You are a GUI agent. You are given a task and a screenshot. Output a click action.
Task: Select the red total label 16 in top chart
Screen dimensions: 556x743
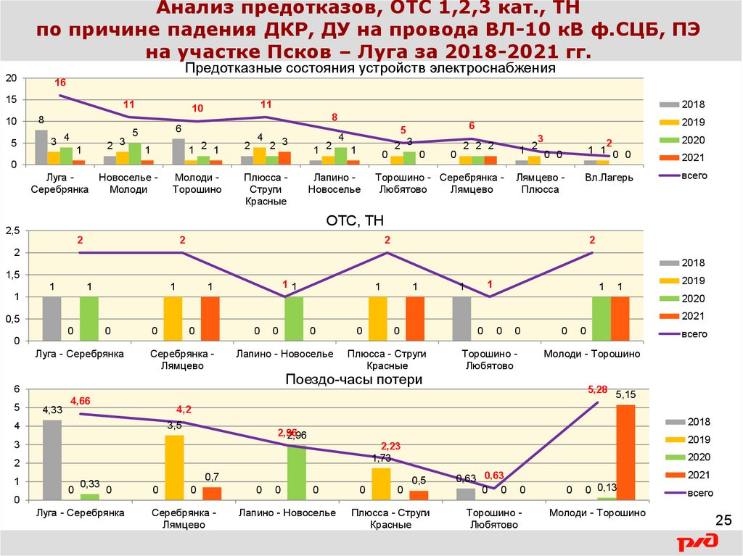point(60,83)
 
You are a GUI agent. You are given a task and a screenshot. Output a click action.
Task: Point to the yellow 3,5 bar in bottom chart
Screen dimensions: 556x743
point(174,468)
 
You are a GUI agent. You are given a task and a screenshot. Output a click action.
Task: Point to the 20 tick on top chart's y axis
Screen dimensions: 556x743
point(10,78)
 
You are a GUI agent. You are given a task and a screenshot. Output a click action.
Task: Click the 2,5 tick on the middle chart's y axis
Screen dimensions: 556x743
point(12,231)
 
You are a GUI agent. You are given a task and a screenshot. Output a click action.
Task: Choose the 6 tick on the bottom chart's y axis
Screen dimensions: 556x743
point(14,390)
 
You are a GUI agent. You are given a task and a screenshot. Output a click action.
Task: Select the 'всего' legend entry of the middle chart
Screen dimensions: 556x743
point(683,333)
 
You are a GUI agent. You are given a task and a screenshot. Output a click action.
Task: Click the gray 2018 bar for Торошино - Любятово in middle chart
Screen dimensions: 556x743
point(461,318)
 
